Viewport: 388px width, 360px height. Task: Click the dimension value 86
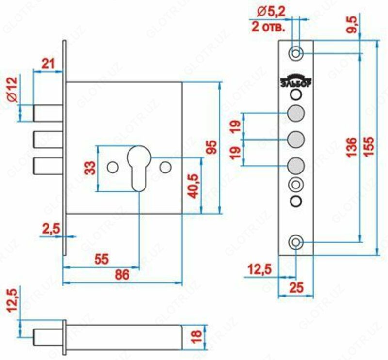pos(122,275)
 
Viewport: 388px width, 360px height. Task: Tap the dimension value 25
pos(296,287)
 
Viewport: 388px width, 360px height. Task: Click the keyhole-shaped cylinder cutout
pos(139,165)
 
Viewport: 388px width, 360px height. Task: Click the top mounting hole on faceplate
pos(296,52)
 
